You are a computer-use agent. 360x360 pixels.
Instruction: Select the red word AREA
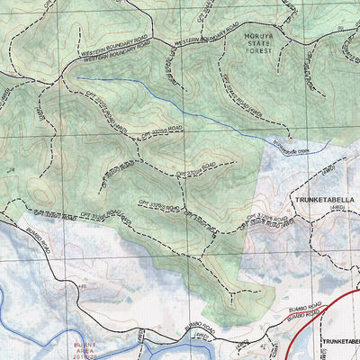[88, 351]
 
